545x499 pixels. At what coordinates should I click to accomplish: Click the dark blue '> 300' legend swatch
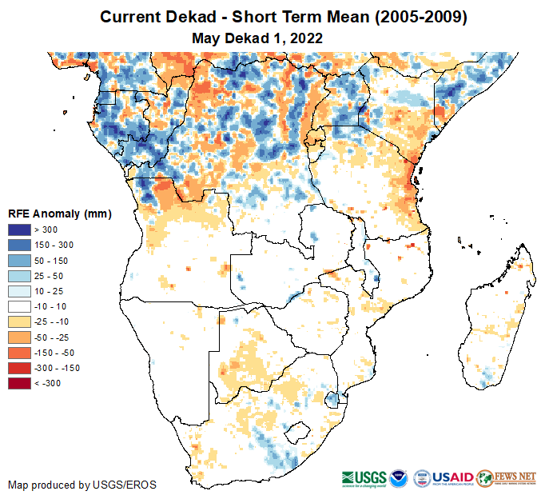19,230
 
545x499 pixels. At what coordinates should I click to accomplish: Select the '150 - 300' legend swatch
19,245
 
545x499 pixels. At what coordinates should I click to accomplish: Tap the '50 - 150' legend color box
19,260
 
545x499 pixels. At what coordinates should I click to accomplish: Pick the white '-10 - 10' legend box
19,305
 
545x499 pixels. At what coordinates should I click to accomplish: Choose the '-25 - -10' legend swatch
19,321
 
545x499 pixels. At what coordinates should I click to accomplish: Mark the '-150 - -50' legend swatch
19,352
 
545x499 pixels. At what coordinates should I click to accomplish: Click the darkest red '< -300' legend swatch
19,383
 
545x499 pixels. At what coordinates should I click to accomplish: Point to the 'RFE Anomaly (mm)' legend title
59,214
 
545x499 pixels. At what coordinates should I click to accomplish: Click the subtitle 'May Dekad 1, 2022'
257,38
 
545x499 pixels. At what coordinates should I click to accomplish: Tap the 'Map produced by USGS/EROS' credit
82,485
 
